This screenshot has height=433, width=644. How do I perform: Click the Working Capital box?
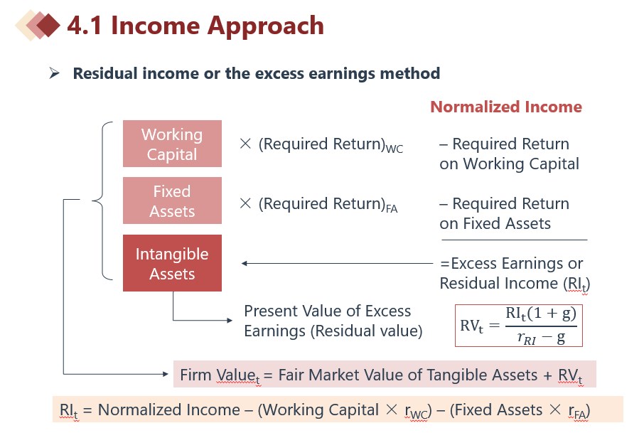coord(172,144)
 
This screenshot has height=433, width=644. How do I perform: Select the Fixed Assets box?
coord(172,201)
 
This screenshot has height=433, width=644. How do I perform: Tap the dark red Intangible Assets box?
coord(172,263)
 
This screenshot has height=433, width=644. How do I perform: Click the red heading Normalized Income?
coord(506,107)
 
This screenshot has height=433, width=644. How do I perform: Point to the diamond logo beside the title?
coord(38,26)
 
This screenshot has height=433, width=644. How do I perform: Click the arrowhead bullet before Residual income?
coord(54,73)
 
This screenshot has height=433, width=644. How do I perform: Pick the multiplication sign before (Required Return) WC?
coord(245,144)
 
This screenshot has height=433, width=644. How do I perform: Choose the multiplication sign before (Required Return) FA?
coord(245,203)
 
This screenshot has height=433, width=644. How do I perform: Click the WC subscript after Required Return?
coord(395,149)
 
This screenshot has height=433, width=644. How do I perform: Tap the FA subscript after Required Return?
coord(392,209)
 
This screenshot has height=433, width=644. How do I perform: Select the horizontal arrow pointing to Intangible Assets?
coord(337,263)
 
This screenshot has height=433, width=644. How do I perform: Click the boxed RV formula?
coord(519,326)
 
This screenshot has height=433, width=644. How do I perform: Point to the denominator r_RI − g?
coord(542,338)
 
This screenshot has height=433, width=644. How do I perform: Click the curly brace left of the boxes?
coord(102,201)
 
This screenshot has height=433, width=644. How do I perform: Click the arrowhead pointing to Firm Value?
coord(165,374)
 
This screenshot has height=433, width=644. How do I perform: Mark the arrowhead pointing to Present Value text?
coord(230,320)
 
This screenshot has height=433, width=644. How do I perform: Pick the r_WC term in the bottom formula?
coord(417,412)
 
